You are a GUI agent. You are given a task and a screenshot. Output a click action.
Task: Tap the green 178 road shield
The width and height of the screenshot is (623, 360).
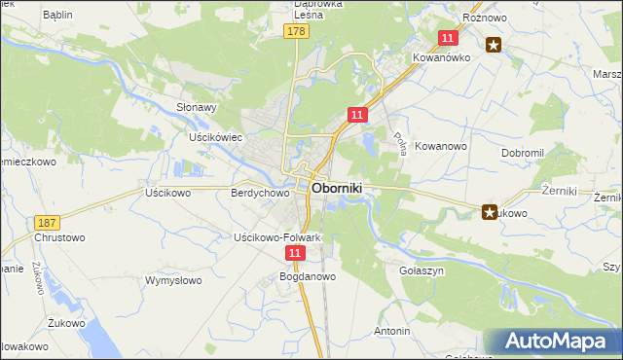(297, 32)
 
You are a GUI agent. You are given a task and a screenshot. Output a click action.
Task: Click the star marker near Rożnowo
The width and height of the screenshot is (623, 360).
(494, 44)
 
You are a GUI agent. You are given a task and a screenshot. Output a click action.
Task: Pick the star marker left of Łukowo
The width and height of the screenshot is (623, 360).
(489, 211)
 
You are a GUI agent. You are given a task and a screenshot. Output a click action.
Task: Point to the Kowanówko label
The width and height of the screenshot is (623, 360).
(440, 57)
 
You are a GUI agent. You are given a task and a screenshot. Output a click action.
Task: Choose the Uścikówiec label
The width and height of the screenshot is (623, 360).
(214, 138)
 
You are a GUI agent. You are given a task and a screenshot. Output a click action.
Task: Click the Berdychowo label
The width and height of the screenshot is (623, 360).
(260, 194)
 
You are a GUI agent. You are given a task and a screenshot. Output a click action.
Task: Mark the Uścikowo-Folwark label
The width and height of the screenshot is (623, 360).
(277, 237)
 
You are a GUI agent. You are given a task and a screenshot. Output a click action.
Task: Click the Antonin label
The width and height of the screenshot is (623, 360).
(391, 331)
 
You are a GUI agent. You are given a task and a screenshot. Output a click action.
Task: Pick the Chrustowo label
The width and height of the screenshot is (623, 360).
(60, 237)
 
